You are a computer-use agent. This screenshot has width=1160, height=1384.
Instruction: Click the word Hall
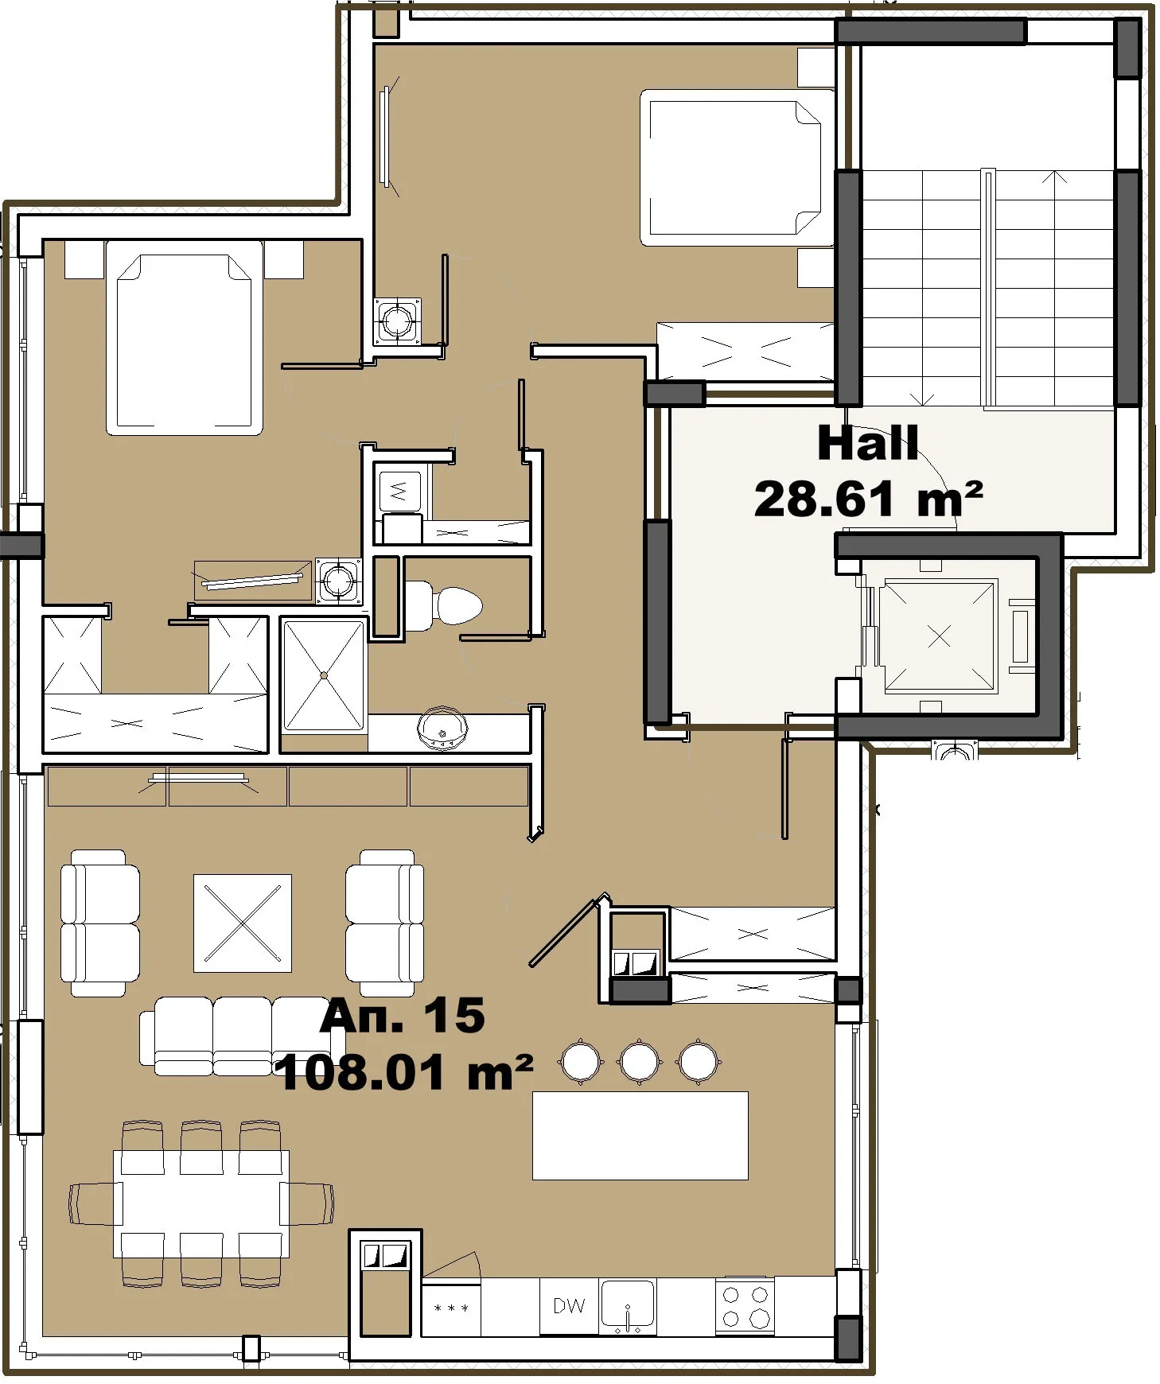[867, 443]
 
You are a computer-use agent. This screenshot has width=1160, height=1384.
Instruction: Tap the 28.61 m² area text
[867, 500]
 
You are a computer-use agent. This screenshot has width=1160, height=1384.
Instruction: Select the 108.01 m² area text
[403, 1073]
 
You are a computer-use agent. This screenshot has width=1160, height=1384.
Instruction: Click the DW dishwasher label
[569, 1305]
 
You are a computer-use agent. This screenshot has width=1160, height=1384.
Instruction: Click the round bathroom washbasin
[442, 726]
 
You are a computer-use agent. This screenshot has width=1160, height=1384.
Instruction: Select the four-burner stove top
[744, 1305]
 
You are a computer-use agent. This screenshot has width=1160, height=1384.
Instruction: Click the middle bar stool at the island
[639, 1061]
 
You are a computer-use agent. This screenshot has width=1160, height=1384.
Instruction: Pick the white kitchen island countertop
[640, 1135]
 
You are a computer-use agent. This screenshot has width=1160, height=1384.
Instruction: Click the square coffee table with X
[243, 923]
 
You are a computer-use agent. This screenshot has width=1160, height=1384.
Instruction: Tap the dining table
[201, 1203]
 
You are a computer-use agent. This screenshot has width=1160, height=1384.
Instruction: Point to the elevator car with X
[939, 636]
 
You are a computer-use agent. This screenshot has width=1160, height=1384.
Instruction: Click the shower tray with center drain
[324, 675]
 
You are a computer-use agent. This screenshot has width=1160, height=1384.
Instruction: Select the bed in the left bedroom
[185, 340]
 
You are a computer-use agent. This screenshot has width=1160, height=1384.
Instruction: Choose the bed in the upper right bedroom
[732, 167]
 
